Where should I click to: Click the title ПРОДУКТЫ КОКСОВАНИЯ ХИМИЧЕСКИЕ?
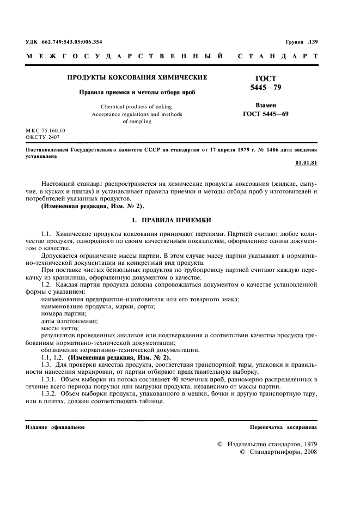137,77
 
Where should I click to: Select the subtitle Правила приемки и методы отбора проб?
136,92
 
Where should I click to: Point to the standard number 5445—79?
265,87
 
